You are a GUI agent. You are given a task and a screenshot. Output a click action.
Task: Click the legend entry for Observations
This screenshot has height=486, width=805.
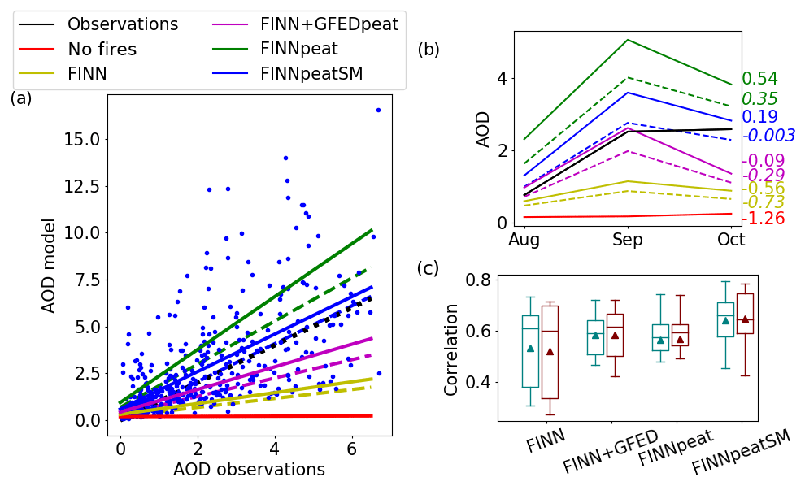click(x=122, y=24)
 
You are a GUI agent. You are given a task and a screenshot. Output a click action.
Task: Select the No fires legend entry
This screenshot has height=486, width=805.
click(x=102, y=50)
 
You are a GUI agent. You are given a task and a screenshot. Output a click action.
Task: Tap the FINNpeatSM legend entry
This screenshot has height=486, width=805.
click(x=311, y=74)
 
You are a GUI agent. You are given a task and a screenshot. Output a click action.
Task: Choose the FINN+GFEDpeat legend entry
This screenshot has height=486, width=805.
click(x=329, y=24)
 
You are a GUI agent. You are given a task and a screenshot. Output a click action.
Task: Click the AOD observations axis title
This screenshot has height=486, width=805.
click(x=249, y=470)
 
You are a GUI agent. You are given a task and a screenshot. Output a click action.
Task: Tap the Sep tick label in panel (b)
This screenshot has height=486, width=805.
click(x=628, y=241)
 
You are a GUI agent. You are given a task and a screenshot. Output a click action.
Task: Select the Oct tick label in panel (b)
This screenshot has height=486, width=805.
click(x=731, y=241)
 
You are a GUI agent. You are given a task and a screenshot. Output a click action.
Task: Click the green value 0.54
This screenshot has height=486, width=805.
click(x=759, y=80)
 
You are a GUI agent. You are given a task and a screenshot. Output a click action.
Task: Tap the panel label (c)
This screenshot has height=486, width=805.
click(x=428, y=268)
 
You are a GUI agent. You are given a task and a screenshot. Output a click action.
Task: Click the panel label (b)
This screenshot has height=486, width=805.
click(x=429, y=50)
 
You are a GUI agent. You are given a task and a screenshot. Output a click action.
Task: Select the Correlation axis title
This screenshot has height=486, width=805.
click(x=451, y=349)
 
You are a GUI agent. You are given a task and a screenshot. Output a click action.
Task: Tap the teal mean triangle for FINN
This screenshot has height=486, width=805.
click(x=530, y=348)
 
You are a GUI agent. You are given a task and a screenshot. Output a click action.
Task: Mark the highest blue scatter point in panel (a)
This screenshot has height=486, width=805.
click(x=378, y=110)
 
